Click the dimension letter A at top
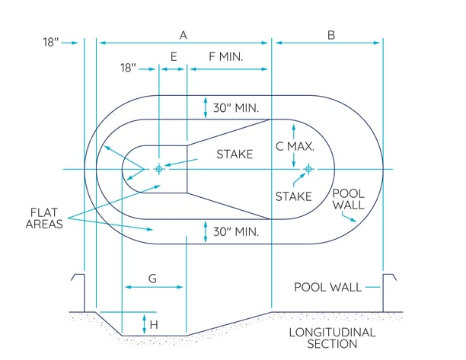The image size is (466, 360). coord(183,34)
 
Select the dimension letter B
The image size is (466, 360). coord(331,34)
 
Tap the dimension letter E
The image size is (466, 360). coord(174,56)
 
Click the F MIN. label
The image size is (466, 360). coord(228,56)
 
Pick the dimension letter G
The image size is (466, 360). coord(152,279)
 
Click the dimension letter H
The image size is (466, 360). coord(155,324)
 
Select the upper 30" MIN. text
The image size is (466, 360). coord(236,108)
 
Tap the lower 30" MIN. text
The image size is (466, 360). coord(236,231)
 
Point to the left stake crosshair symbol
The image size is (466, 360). coord(158,169)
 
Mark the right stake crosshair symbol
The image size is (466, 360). coord(308,169)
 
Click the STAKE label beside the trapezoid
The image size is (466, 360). coord(235,155)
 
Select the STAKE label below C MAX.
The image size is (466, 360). coord(293,196)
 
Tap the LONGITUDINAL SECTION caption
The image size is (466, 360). coord(333,338)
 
